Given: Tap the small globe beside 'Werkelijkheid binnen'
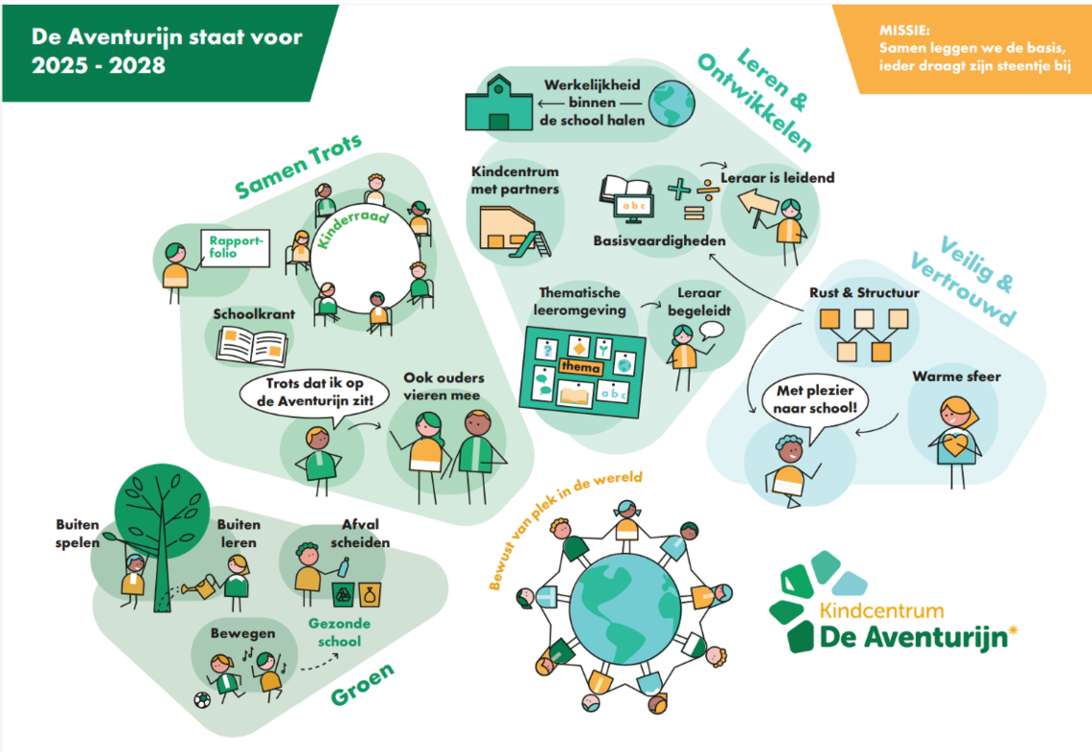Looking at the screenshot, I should click(x=672, y=100).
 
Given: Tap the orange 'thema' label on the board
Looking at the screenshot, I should click(x=580, y=367).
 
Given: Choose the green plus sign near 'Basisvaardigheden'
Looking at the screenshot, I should click(x=678, y=189).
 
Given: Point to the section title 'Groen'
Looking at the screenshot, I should click(x=362, y=684).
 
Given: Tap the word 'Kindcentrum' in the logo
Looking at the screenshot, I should click(x=881, y=610).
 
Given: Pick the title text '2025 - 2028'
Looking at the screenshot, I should click(x=98, y=65).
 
